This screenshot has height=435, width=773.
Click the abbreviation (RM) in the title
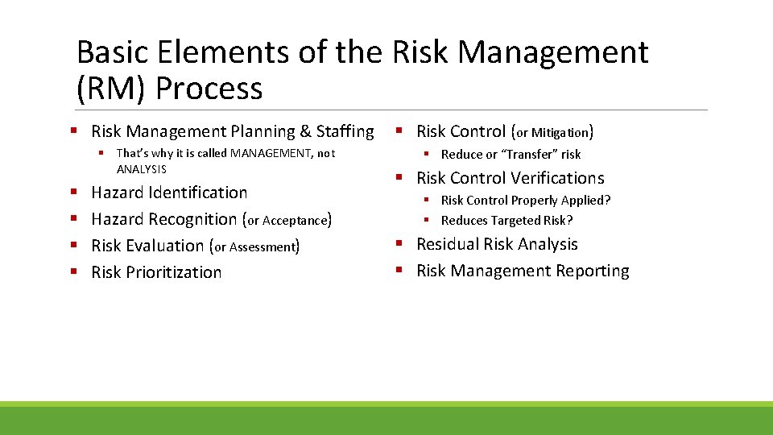pos(111,88)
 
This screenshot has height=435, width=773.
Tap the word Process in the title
pos(209,88)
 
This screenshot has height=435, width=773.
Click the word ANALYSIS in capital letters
pos(142,169)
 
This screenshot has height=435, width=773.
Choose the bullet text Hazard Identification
pos(169,193)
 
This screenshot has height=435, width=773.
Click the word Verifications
pos(557,178)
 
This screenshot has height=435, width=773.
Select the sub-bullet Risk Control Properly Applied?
pos(525,201)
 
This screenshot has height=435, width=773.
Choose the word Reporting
pos(592,271)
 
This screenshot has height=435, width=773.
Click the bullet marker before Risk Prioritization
pos(75,272)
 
